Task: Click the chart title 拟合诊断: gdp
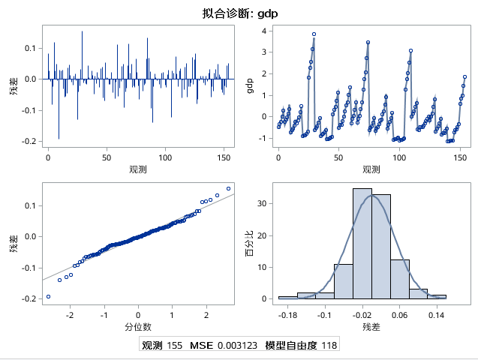pyautogui.click(x=239, y=13)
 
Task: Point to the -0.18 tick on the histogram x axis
pyautogui.click(x=287, y=315)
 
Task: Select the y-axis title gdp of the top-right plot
pyautogui.click(x=250, y=85)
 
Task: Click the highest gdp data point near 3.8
pyautogui.click(x=314, y=34)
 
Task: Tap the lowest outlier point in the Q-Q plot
pyautogui.click(x=49, y=296)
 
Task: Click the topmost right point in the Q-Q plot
pyautogui.click(x=228, y=188)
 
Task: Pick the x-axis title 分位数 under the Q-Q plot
pyautogui.click(x=138, y=327)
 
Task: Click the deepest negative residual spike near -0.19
pyautogui.click(x=59, y=139)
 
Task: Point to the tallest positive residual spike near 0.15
pyautogui.click(x=82, y=31)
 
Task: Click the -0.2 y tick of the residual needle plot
pyautogui.click(x=31, y=141)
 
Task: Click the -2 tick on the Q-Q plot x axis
pyautogui.click(x=70, y=315)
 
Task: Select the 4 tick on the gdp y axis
pyautogui.click(x=264, y=31)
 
